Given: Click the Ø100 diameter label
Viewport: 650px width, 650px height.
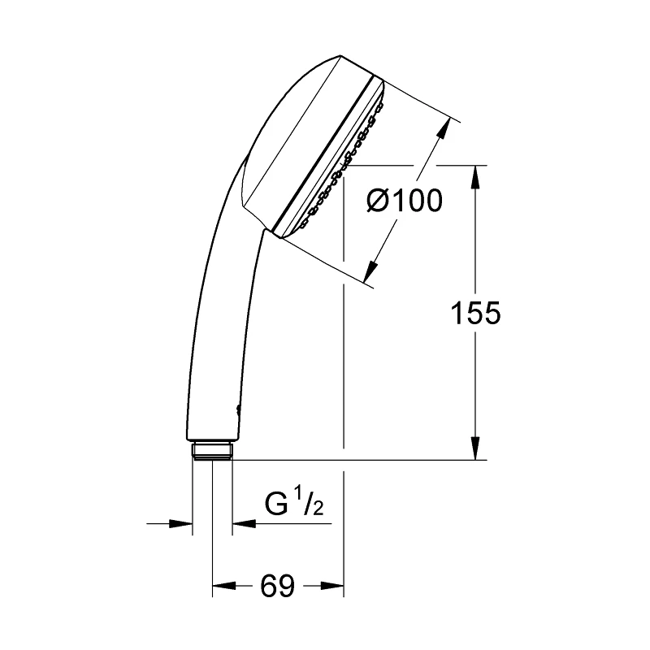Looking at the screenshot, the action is coord(405,201).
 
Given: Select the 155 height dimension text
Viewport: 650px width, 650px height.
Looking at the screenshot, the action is coord(475,313).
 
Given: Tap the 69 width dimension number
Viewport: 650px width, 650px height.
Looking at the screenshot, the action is coord(277,586).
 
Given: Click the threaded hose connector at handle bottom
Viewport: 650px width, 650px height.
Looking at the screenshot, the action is coord(212,451).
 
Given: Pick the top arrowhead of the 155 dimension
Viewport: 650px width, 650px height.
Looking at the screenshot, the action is coord(475,176).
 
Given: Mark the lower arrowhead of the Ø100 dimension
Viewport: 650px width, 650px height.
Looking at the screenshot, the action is coord(371,271).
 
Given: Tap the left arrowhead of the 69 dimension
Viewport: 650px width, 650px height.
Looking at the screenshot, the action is coord(224,586).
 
